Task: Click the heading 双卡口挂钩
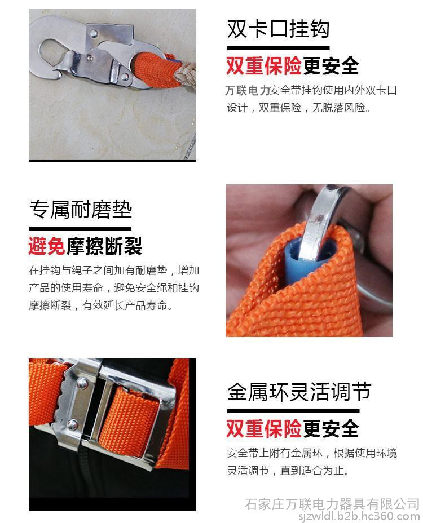point(278,29)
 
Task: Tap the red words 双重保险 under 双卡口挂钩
point(264,66)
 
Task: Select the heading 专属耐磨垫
point(81,210)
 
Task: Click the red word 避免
point(47,246)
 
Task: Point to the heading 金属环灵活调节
point(299,392)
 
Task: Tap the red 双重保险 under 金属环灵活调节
point(264,429)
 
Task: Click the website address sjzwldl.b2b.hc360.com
point(359,516)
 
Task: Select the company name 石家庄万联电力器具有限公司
point(332,504)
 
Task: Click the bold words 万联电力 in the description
point(248,90)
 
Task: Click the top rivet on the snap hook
point(94,33)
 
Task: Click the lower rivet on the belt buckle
point(72,424)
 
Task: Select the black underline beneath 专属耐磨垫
point(80,228)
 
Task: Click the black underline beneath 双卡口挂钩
point(278,48)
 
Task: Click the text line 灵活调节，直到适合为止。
point(288,470)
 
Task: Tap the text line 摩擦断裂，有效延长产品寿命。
point(101,305)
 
